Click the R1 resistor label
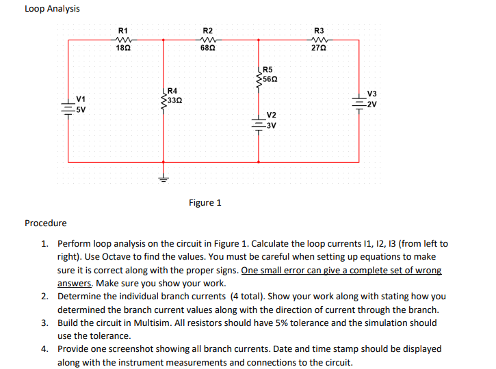click(122, 30)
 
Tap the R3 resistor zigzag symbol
click(318, 40)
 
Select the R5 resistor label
click(267, 70)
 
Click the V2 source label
click(272, 115)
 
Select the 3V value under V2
click(272, 125)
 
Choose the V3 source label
click(371, 94)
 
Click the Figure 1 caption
click(205, 203)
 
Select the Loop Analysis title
click(52, 9)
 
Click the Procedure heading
click(46, 223)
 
